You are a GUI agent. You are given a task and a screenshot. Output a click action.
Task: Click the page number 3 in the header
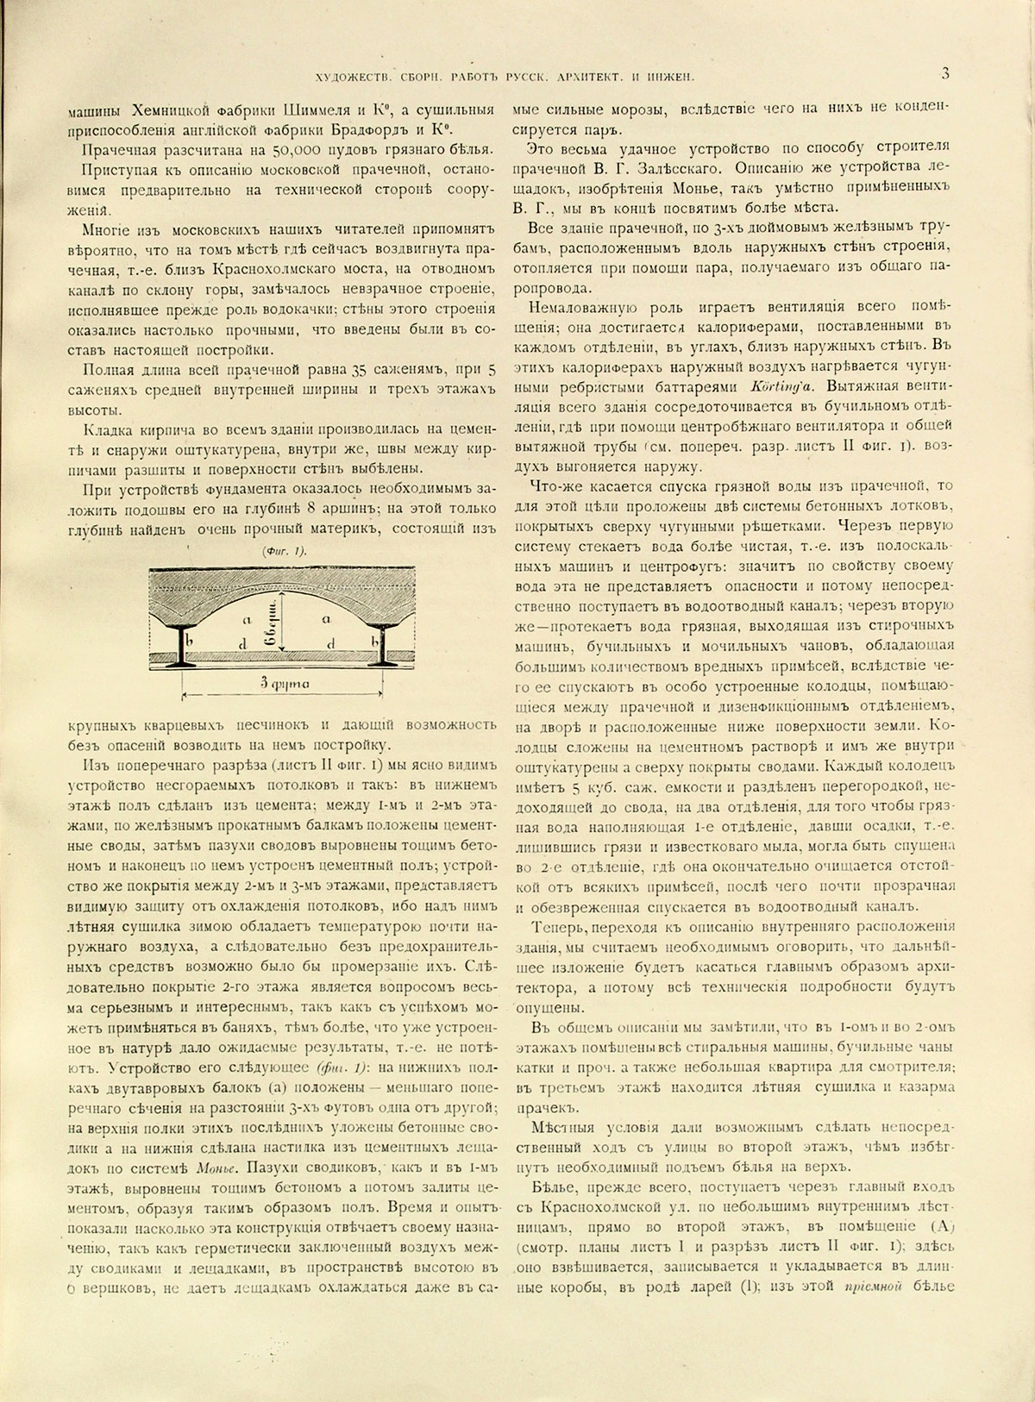(x=945, y=75)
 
